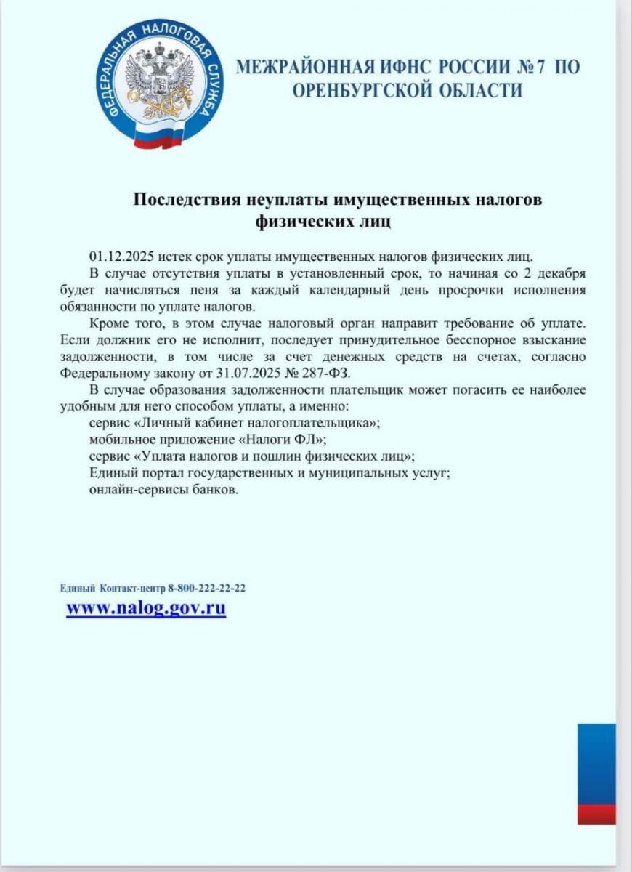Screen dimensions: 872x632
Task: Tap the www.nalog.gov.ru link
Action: click(x=146, y=608)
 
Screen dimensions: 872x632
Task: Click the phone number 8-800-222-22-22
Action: click(x=206, y=588)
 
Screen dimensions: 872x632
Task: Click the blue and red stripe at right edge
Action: click(x=596, y=773)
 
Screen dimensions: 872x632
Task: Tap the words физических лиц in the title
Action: click(x=323, y=221)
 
